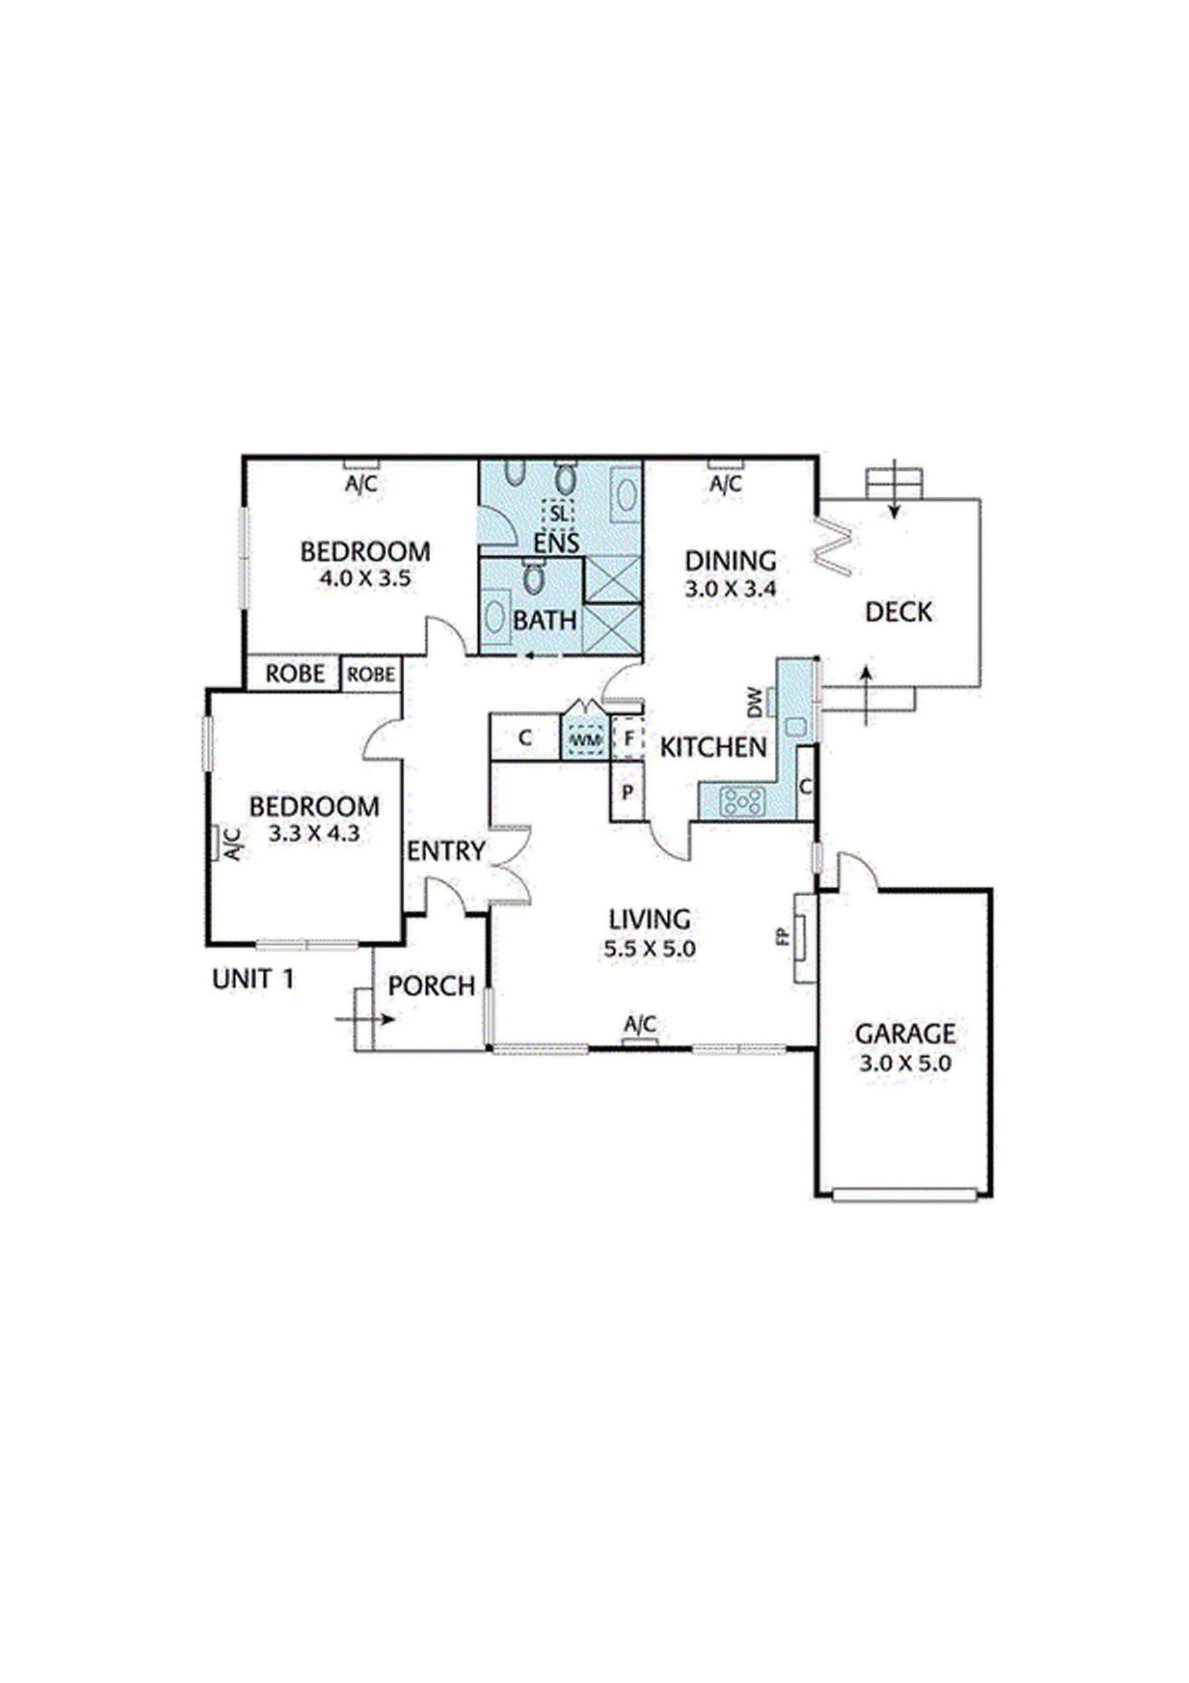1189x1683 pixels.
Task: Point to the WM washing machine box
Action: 585,740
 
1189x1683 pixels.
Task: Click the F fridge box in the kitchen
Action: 629,739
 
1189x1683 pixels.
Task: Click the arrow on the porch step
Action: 366,1019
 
